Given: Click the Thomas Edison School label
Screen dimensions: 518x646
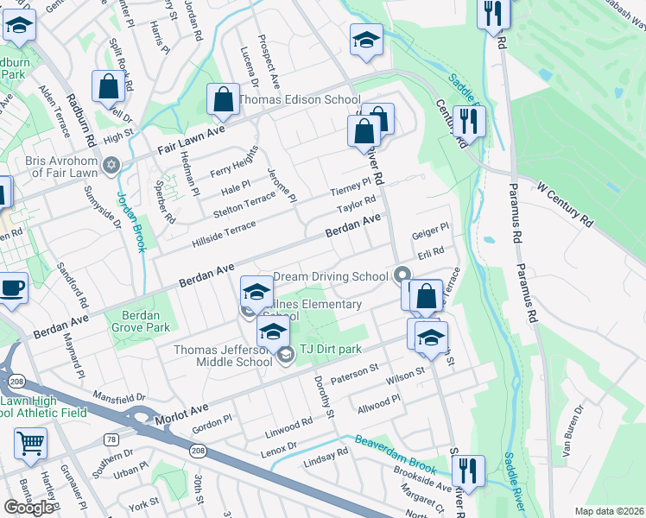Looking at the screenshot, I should [x=299, y=99].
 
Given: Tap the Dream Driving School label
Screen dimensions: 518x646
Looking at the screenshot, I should [x=330, y=277].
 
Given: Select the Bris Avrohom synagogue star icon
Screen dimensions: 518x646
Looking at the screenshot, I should [x=111, y=164].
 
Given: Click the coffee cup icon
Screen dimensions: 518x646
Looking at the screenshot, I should [x=12, y=287].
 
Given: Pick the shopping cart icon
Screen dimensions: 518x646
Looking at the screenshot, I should [x=30, y=443].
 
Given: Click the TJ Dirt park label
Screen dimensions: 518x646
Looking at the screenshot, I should [x=330, y=349].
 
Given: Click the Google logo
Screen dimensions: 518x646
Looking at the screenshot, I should [x=28, y=508].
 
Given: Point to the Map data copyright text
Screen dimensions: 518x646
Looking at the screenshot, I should [x=609, y=511].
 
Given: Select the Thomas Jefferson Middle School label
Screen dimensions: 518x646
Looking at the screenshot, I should [x=224, y=356].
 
